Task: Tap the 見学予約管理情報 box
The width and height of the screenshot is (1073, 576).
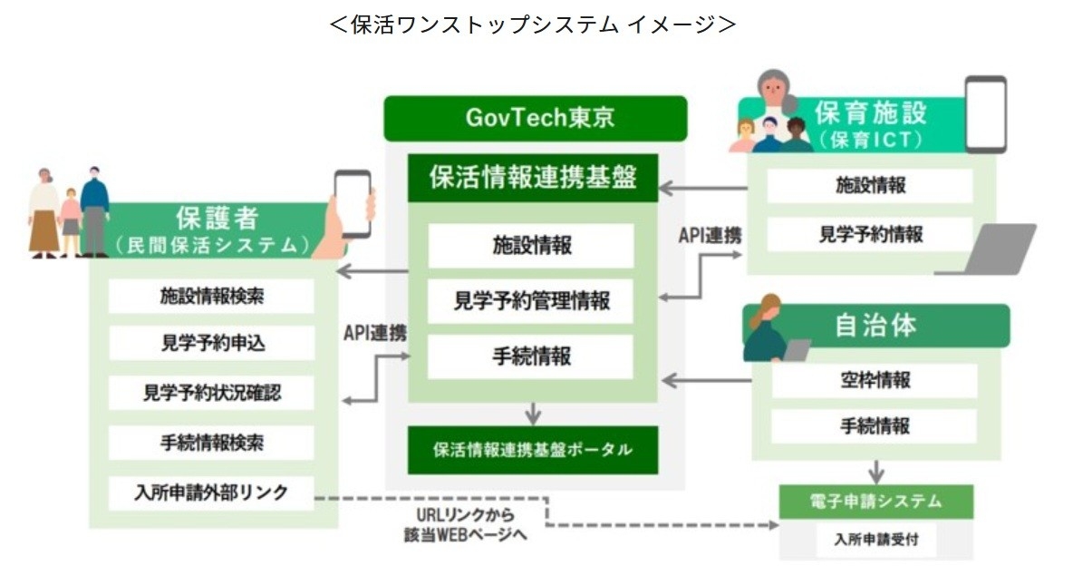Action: tap(531, 300)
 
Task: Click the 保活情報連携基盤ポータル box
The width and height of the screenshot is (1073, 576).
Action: tap(532, 450)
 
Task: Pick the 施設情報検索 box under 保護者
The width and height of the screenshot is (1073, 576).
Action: tap(211, 296)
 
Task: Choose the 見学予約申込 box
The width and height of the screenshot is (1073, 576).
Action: tap(211, 344)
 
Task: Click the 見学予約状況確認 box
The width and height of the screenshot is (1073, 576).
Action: tap(211, 394)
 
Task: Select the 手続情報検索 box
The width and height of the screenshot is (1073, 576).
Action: tap(211, 444)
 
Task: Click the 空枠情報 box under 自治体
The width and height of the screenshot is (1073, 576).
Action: tap(875, 380)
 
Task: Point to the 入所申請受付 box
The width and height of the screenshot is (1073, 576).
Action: tap(875, 540)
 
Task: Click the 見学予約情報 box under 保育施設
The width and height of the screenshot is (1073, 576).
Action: tap(870, 234)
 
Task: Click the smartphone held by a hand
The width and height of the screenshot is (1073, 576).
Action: tap(352, 203)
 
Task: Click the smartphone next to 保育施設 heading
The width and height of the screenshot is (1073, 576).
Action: tap(985, 114)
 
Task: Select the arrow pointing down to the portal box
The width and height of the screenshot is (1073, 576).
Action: tap(533, 415)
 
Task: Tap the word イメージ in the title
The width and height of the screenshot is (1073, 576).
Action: tap(672, 25)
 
